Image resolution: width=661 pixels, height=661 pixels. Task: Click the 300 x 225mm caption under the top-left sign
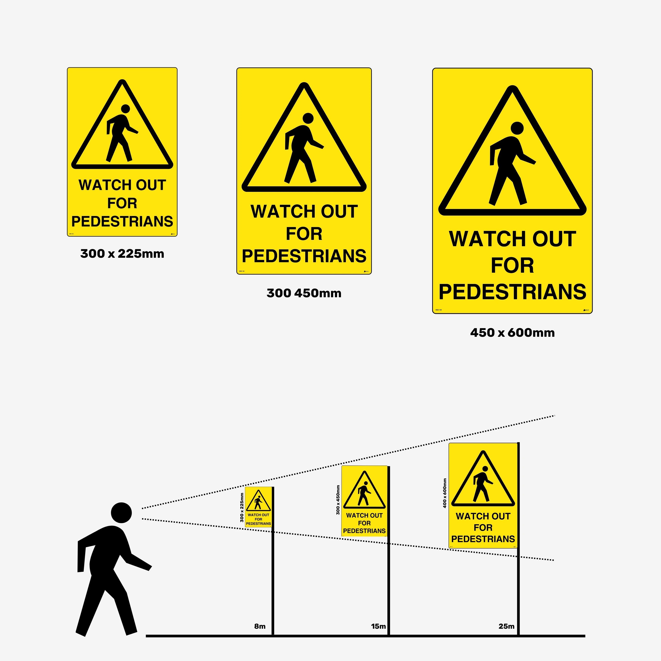point(122,254)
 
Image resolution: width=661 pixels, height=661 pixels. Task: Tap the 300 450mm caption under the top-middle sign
point(304,293)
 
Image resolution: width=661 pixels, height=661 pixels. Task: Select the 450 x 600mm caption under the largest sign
point(512,333)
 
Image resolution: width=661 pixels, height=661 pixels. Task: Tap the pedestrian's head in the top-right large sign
point(517,128)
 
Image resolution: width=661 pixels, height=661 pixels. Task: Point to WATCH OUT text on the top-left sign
point(122,185)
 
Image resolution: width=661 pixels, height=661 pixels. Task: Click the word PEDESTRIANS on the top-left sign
point(122,221)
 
